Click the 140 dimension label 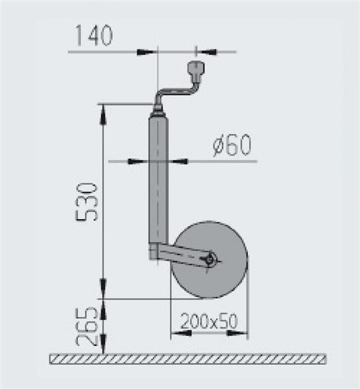94,36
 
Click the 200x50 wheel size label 210,320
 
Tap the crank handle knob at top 194,68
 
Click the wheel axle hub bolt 211,259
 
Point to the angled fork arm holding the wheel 185,253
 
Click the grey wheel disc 221,279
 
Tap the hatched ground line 188,359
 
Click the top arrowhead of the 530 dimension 103,115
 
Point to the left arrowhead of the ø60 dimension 138,161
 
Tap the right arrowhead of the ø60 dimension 178,161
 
